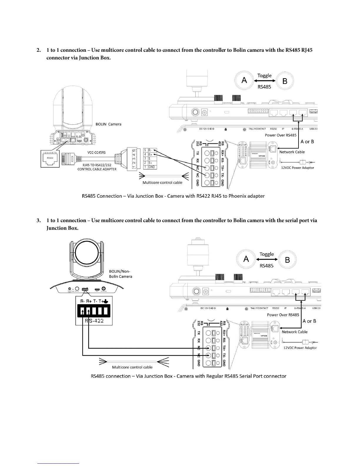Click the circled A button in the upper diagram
[244, 80]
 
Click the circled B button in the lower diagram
[287, 260]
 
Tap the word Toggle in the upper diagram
[264, 76]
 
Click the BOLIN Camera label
[109, 124]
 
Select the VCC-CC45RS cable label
[96, 152]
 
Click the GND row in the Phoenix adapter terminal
[151, 167]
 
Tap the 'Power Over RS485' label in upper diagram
[281, 135]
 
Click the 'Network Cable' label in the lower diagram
[294, 332]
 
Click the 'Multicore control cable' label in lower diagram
[132, 367]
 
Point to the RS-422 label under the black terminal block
[94, 321]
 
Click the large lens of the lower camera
[88, 254]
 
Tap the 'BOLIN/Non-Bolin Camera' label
[121, 274]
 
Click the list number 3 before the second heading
[38, 220]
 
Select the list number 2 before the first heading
[38, 50]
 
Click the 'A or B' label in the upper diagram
[307, 142]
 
